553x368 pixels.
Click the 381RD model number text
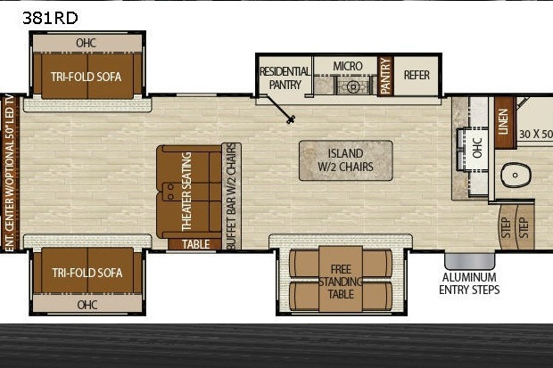click(x=50, y=18)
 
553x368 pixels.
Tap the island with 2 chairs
click(x=346, y=160)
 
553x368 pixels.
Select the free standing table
click(x=341, y=279)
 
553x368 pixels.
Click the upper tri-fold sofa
click(x=87, y=76)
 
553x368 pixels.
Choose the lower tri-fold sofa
click(x=87, y=271)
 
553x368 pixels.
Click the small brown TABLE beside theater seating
click(x=194, y=244)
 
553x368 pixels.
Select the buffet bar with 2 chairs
click(x=231, y=196)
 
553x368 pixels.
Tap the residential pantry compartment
click(x=285, y=78)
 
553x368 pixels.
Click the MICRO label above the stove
click(x=348, y=66)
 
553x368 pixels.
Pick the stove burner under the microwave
click(x=352, y=86)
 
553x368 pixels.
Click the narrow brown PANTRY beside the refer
click(x=385, y=76)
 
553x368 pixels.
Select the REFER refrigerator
click(x=417, y=76)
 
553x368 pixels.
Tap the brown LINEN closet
click(x=504, y=122)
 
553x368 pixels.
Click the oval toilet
click(x=516, y=175)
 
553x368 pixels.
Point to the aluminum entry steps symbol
click(x=469, y=261)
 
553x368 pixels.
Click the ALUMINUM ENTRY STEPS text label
click(x=469, y=283)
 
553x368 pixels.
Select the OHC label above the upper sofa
click(x=86, y=43)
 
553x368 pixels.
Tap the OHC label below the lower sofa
click(x=87, y=305)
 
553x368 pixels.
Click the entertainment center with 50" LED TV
click(x=10, y=173)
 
